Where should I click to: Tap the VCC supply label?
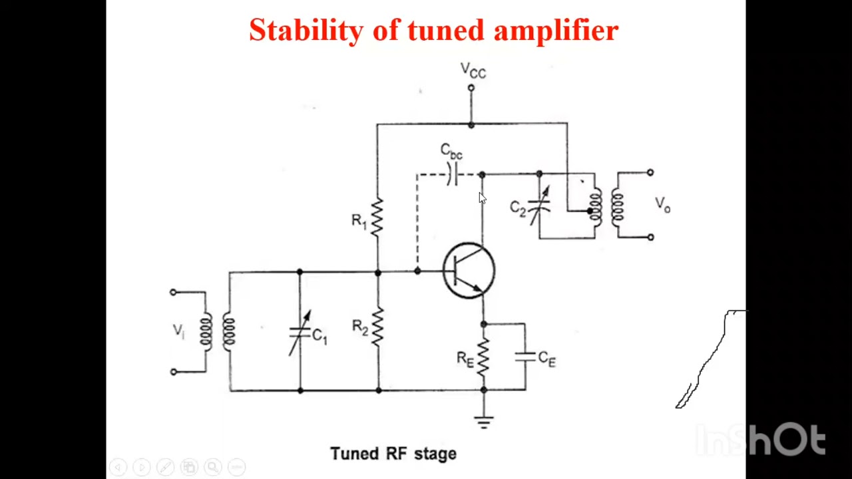(x=473, y=71)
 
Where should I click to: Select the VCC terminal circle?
(x=471, y=88)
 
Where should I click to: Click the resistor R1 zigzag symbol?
(x=377, y=218)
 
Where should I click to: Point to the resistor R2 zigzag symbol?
(x=377, y=326)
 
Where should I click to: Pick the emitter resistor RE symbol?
(x=483, y=357)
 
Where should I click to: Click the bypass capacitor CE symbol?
(x=525, y=357)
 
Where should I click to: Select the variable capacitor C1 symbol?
(x=300, y=333)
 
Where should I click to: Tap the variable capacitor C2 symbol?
(x=539, y=206)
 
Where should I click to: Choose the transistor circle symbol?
(x=469, y=271)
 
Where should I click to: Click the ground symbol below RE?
(x=484, y=421)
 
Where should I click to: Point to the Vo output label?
(x=662, y=204)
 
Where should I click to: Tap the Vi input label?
(x=178, y=331)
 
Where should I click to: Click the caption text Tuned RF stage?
(x=393, y=454)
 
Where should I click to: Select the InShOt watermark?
(x=760, y=440)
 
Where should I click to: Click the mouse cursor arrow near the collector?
(x=482, y=198)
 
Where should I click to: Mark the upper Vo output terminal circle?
(x=650, y=172)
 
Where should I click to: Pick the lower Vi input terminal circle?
(x=174, y=372)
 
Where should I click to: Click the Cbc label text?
(x=451, y=152)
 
